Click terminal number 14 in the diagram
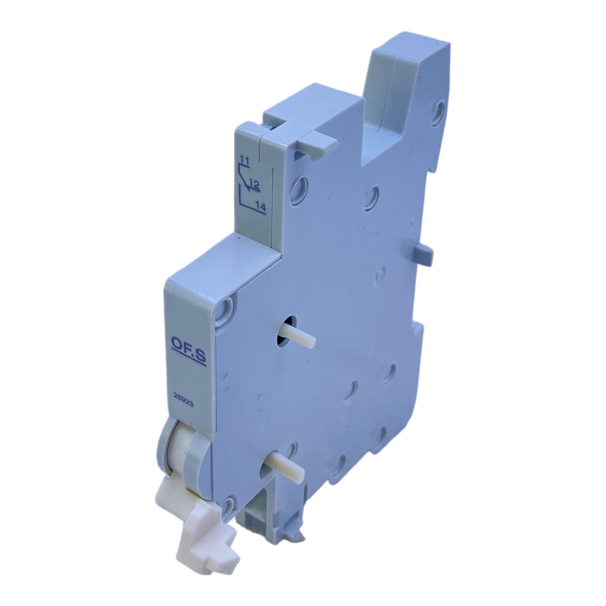tap(260, 207)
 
